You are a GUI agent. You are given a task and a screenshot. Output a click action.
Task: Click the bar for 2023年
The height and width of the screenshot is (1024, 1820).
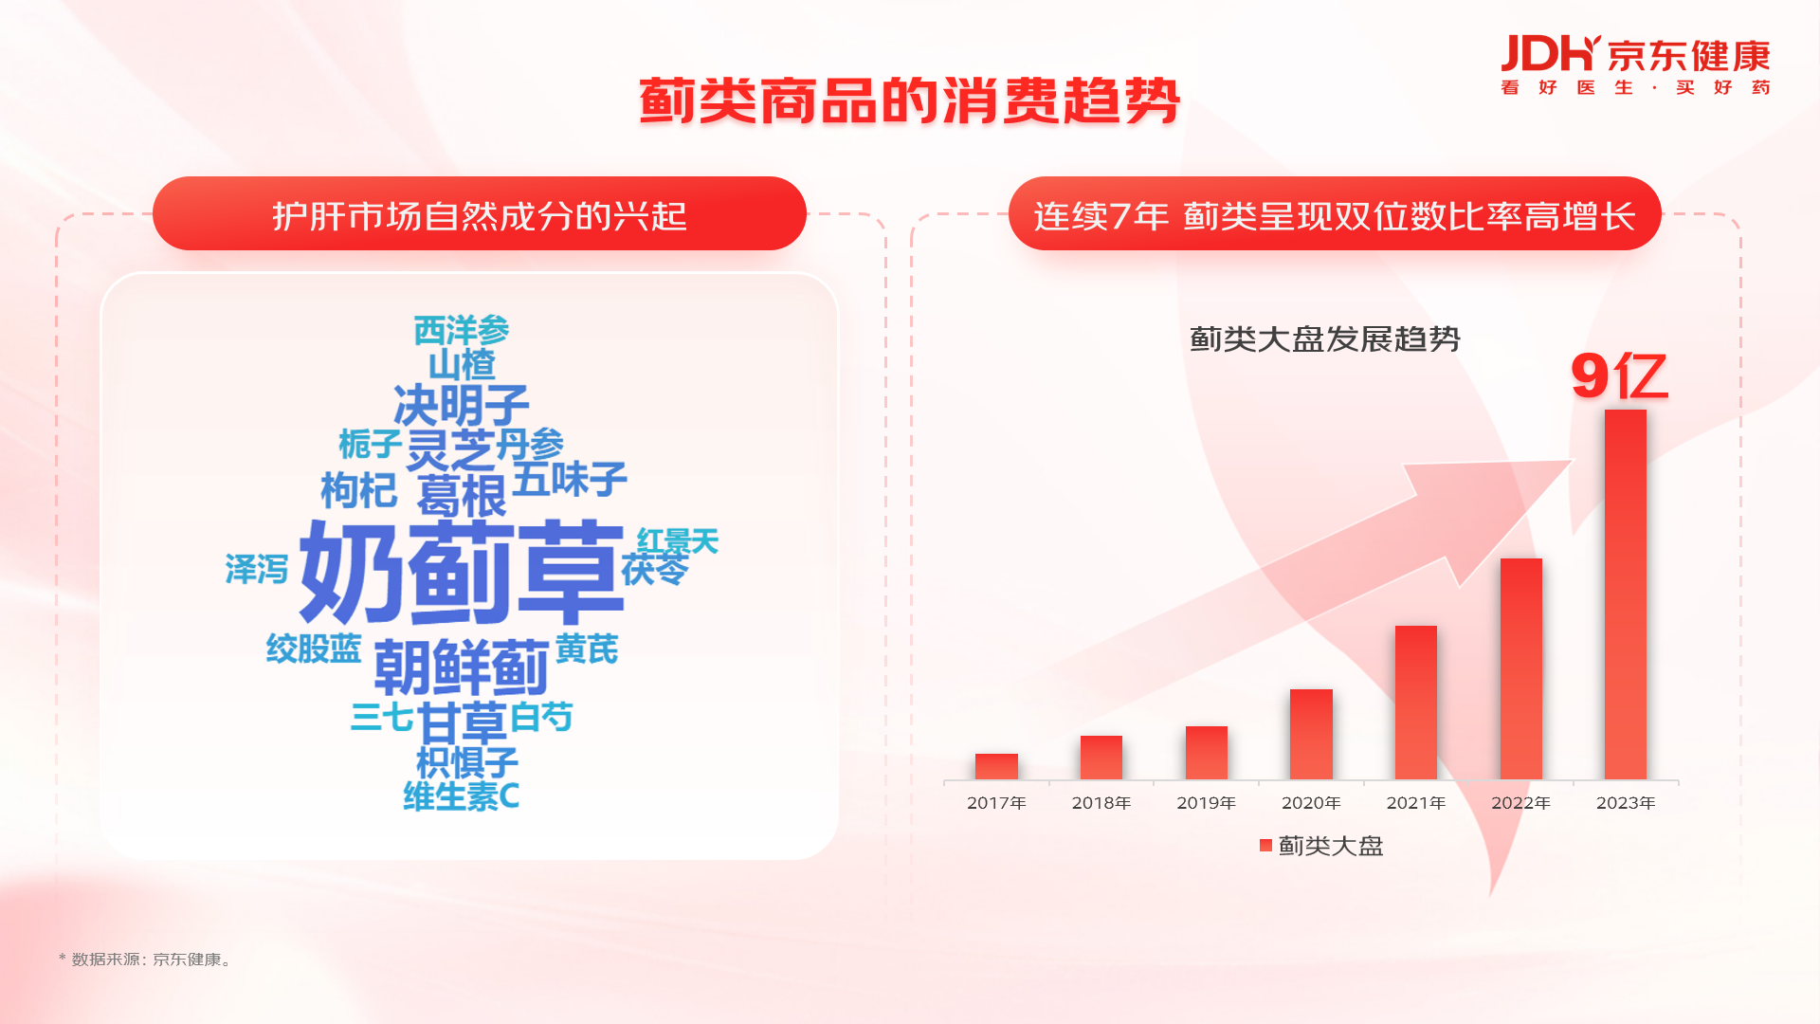[1625, 594]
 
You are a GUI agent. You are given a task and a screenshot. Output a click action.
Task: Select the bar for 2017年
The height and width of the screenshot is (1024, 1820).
[996, 767]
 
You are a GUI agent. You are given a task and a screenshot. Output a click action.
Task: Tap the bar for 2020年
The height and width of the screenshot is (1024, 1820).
[1311, 735]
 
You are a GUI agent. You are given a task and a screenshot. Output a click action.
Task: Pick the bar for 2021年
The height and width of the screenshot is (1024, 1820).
[1416, 703]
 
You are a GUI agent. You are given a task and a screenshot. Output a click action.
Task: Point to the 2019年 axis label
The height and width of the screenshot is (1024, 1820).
[1206, 803]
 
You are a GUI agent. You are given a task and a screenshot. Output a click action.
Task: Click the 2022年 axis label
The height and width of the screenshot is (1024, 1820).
[1520, 803]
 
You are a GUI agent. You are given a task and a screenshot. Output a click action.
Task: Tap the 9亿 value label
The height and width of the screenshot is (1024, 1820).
[1619, 376]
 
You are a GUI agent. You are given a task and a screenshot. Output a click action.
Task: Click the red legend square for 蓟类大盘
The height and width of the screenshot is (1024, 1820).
[1265, 846]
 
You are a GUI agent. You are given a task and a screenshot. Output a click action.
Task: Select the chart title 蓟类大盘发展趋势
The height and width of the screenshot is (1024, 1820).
[1324, 339]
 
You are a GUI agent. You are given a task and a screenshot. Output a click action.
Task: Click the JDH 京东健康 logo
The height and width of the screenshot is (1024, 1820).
[1635, 64]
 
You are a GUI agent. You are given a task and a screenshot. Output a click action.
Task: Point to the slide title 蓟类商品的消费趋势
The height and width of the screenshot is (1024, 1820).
[909, 101]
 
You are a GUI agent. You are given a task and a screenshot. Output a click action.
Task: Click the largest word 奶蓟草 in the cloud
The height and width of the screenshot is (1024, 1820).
[462, 572]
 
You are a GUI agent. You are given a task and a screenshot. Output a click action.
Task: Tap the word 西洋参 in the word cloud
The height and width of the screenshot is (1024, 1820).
[462, 331]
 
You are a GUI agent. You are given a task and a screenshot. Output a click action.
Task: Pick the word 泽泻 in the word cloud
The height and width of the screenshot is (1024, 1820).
[257, 569]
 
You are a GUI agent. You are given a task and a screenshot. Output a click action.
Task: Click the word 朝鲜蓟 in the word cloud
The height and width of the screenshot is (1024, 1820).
[462, 667]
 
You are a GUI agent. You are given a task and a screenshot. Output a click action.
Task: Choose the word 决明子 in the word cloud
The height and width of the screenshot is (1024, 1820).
[462, 406]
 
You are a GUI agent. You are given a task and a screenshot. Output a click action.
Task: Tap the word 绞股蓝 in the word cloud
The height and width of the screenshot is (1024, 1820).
[314, 649]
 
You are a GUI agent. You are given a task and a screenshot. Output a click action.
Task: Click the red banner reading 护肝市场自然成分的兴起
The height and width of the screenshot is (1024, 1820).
[480, 213]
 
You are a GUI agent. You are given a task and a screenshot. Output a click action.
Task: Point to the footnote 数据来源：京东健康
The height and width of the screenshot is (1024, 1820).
[146, 960]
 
